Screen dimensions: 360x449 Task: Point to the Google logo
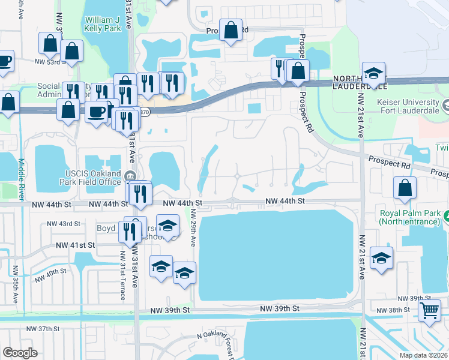pos(20,353)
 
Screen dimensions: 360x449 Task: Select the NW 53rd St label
pos(49,61)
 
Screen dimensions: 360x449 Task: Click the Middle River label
pos(21,179)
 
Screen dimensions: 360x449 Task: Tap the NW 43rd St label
pos(64,224)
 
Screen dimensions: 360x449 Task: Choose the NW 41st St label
pos(75,245)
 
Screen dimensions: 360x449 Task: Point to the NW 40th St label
pos(50,275)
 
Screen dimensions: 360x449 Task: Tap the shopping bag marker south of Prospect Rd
pos(405,187)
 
